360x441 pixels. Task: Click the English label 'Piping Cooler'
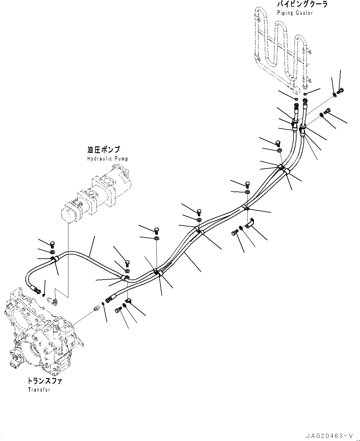click(295, 13)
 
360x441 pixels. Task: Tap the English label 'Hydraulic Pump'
click(107, 159)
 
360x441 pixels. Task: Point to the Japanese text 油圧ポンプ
click(104, 150)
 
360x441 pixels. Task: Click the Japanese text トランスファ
click(45, 381)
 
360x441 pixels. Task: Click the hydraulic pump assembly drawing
click(96, 195)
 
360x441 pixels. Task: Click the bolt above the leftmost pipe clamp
click(52, 245)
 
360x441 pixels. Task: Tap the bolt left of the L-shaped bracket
click(235, 233)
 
